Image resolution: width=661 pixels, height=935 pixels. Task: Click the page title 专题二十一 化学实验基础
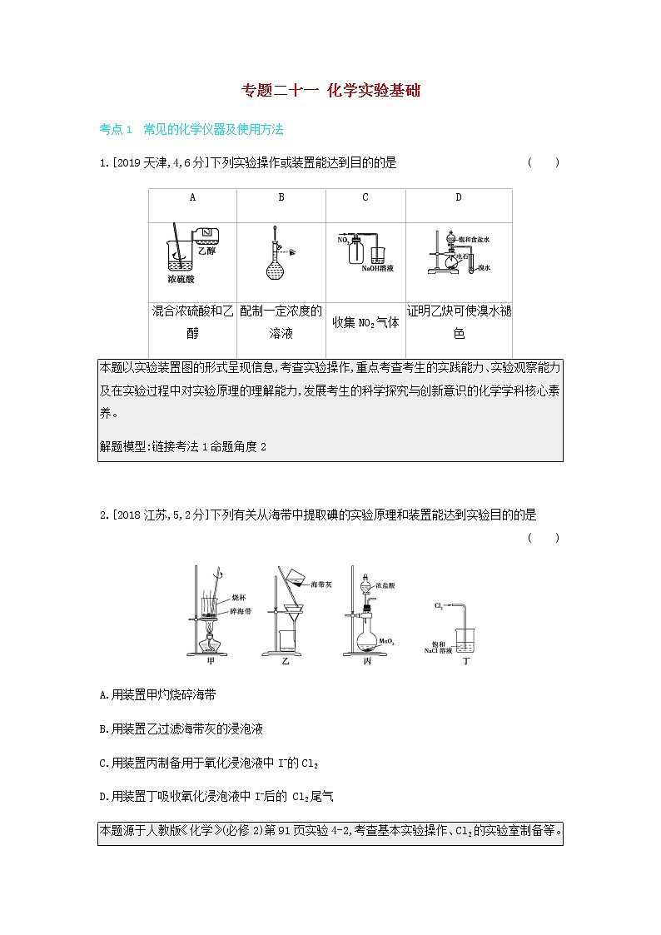[x=330, y=91]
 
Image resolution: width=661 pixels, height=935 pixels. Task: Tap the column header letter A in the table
[x=192, y=198]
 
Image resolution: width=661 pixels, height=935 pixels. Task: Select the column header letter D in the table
[x=458, y=198]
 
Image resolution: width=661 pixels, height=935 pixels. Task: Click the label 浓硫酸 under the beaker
[x=181, y=280]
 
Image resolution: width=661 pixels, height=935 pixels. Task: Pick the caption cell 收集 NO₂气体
[x=365, y=323]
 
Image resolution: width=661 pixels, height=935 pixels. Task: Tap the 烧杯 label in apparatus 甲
[x=237, y=598]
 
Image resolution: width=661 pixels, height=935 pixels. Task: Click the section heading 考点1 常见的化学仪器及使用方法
[x=192, y=130]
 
